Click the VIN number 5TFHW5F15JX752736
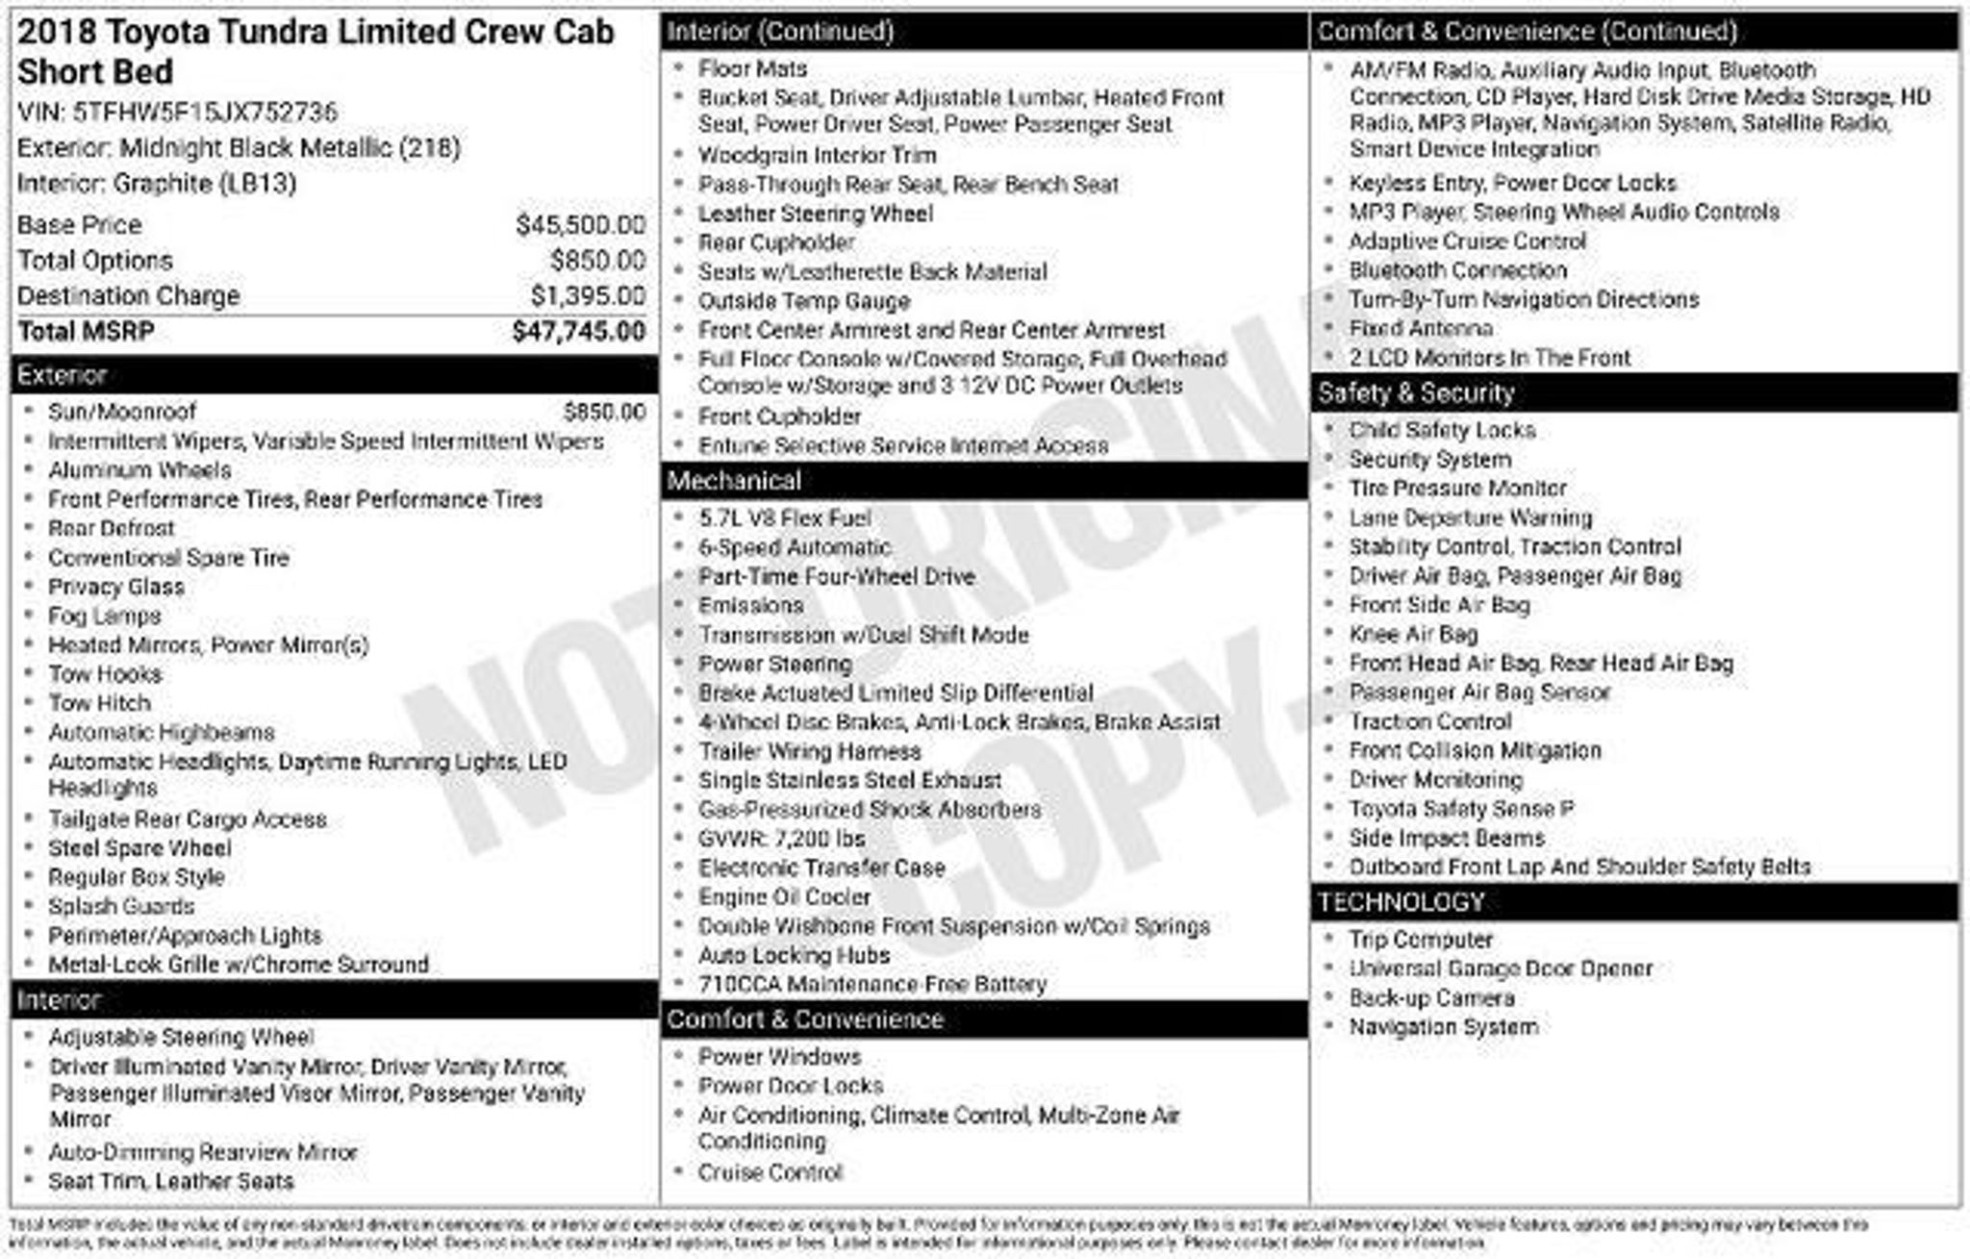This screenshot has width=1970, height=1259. tap(205, 113)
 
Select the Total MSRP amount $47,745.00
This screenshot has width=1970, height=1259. tap(578, 332)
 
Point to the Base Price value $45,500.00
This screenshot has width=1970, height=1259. tap(580, 225)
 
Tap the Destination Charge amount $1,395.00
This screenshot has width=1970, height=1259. tap(588, 296)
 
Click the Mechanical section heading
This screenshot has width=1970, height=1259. tap(734, 481)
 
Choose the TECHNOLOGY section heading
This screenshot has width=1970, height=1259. tap(1401, 902)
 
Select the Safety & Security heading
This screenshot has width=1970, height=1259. tap(1416, 393)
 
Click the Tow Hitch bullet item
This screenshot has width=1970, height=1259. tap(100, 703)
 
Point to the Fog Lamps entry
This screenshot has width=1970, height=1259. tap(105, 616)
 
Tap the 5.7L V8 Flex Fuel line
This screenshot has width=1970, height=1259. tap(785, 518)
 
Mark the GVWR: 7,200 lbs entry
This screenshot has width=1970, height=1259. tap(782, 839)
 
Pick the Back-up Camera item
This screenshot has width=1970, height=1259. tap(1431, 998)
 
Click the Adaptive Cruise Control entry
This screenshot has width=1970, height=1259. tap(1467, 241)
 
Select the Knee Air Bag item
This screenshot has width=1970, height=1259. tap(1413, 635)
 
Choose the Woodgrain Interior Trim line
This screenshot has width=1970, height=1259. tap(817, 156)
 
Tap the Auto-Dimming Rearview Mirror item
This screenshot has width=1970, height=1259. tap(203, 1152)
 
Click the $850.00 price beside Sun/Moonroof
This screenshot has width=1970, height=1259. tap(604, 413)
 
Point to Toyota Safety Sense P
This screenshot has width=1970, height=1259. tap(1461, 809)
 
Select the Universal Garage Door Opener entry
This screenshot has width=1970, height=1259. tap(1501, 969)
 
